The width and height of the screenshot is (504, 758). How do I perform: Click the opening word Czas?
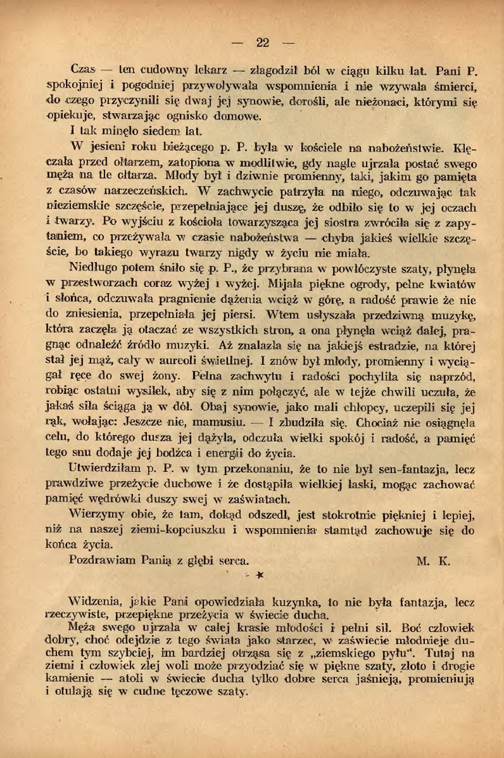click(x=84, y=70)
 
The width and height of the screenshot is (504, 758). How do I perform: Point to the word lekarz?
click(x=210, y=70)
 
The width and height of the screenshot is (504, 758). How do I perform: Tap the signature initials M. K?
click(x=433, y=561)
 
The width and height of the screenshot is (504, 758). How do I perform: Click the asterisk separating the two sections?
click(x=259, y=575)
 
